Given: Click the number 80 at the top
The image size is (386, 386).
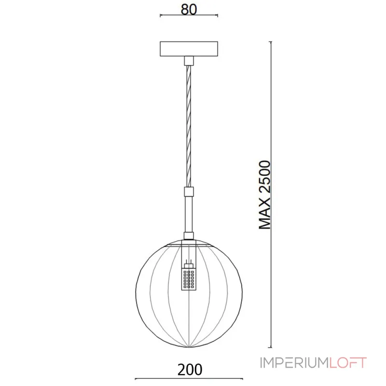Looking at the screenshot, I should [189, 10].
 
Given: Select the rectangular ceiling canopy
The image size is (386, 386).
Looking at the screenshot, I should [189, 49].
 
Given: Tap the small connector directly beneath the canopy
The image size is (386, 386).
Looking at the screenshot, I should [189, 60].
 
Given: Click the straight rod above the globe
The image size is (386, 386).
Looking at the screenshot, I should [189, 215].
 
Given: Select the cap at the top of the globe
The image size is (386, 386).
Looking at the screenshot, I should [189, 236].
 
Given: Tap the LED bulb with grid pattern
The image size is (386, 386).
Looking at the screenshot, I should [189, 279].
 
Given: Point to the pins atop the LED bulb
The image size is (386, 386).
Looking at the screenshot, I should [189, 263].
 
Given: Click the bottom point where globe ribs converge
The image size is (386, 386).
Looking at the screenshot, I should [189, 346].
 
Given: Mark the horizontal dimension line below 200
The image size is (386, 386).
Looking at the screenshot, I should [189, 378].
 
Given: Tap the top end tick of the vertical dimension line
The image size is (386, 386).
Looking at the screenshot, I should [270, 42].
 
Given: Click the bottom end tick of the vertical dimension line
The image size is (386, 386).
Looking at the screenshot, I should [270, 347].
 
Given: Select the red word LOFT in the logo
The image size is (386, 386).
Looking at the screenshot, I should [348, 362].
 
